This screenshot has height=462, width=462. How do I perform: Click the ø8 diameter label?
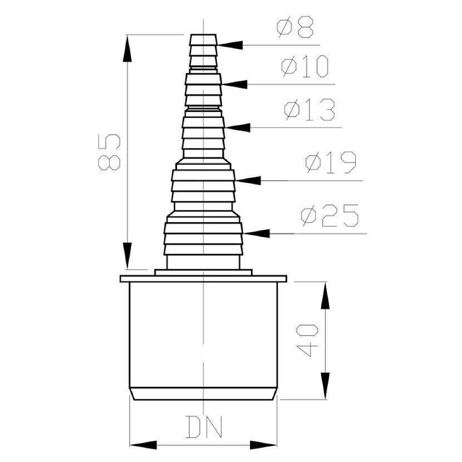[x=296, y=27]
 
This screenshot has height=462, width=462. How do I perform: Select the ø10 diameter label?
[x=305, y=66]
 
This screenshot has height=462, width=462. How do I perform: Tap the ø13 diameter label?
[x=309, y=110]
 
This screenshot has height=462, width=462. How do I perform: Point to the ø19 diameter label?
[x=331, y=162]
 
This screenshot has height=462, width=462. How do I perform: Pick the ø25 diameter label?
[x=330, y=215]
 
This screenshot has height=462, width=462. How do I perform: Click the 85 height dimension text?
[x=109, y=152]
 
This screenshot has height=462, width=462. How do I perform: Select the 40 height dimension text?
[x=307, y=340]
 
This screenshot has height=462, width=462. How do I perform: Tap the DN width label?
[x=204, y=427]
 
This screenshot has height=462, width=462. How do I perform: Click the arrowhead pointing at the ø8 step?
[x=230, y=45]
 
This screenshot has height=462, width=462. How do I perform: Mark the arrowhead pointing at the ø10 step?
[x=234, y=84]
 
